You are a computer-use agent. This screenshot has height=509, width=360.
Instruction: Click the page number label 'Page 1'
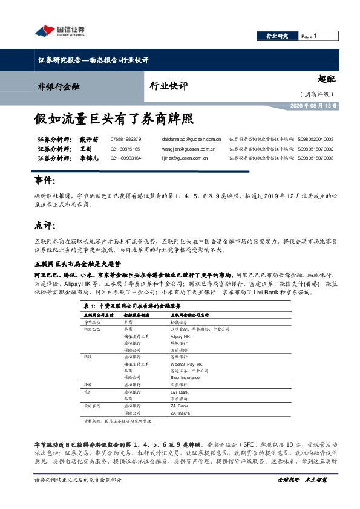309,36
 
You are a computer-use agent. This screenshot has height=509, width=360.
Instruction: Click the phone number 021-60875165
125,149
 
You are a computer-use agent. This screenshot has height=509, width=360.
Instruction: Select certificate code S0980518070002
315,149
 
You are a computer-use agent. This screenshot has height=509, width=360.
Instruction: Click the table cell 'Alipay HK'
180,334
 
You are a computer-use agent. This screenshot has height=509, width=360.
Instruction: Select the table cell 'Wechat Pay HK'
185,365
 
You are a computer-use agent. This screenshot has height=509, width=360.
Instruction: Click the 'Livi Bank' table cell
180,392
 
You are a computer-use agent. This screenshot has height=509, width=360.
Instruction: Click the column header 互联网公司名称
97,315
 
